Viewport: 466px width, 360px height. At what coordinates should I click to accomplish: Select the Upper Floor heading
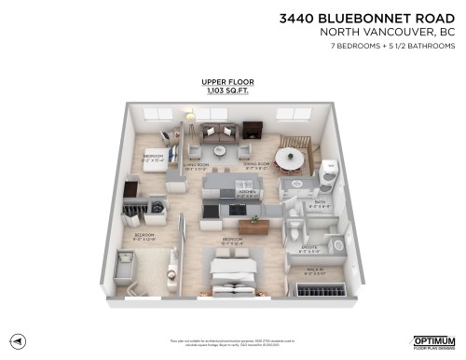point(221,82)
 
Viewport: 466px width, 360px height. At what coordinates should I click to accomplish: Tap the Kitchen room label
point(247,192)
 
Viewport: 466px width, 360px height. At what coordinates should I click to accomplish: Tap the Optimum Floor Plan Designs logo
point(433,341)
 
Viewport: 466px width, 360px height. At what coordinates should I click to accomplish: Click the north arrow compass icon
point(19,340)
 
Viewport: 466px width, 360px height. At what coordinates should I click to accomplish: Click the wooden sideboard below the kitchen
point(253,225)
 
